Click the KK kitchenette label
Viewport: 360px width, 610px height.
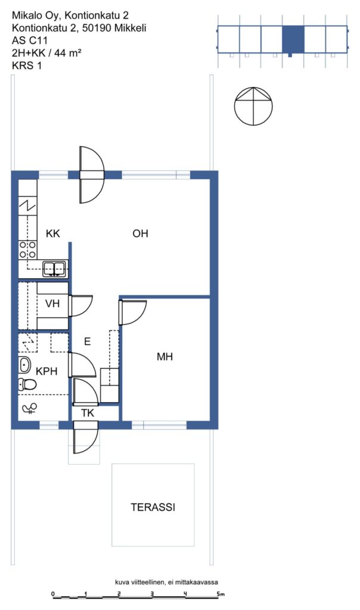pos(53,234)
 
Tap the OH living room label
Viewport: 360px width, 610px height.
pos(140,234)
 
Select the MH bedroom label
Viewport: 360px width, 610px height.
pos(165,356)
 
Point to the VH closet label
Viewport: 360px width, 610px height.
pos(52,303)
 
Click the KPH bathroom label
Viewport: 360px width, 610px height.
pos(46,371)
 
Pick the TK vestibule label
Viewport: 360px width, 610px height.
pos(88,413)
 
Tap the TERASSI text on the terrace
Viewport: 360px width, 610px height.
pos(153,508)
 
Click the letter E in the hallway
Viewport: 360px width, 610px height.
pos(88,341)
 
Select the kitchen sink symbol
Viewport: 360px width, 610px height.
pos(54,269)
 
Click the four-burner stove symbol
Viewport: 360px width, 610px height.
pos(27,250)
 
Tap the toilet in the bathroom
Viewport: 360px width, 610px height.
pos(27,384)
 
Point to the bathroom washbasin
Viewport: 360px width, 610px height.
pos(24,365)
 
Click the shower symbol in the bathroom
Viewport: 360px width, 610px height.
pos(29,409)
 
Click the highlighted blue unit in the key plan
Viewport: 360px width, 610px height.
pos(293,40)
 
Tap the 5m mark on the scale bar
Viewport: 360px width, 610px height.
pos(221,594)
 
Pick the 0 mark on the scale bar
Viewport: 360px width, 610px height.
pos(53,594)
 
